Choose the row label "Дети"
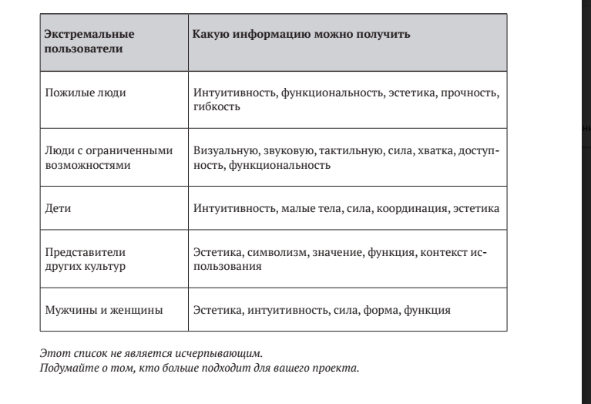pyautogui.click(x=59, y=208)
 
